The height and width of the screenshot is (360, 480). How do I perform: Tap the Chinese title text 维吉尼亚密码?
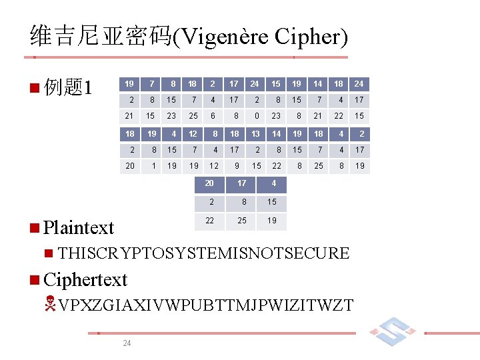pos(101,37)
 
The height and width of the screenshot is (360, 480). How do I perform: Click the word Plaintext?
pos(79,228)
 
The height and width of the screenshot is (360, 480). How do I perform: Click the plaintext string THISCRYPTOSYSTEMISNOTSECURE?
pos(203,253)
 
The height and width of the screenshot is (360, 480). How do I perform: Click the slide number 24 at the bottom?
pos(127,343)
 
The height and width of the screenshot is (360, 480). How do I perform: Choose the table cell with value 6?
pos(213,116)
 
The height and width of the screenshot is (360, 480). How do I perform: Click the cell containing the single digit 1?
pos(153,166)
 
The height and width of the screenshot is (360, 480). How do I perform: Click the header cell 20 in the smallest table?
pos(210,183)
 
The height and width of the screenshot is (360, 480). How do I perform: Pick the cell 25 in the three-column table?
pos(242,221)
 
